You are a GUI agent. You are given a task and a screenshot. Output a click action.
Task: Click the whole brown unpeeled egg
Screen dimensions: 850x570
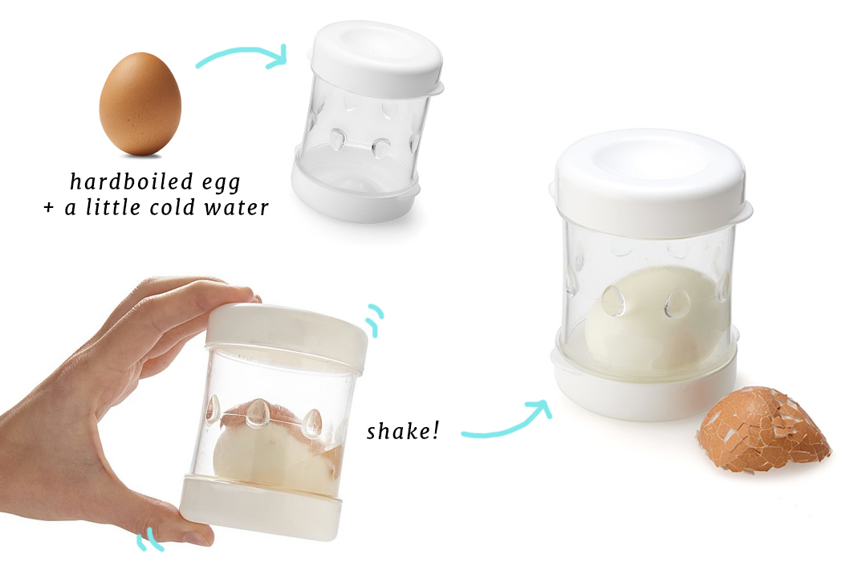(x=140, y=104)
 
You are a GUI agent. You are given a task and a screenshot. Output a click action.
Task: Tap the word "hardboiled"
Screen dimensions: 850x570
(x=131, y=181)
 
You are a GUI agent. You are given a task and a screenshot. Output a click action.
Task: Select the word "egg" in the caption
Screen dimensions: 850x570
(x=222, y=184)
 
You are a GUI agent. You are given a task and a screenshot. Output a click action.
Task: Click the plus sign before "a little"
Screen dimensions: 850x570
(x=49, y=208)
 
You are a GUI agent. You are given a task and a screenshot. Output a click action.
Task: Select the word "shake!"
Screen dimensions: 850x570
(x=402, y=431)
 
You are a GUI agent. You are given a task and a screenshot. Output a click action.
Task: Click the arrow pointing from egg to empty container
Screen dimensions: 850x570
(x=242, y=53)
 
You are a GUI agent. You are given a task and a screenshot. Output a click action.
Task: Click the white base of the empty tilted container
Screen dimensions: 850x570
(x=355, y=189)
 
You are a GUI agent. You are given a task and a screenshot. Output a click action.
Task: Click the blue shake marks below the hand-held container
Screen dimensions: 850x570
(x=149, y=539)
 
